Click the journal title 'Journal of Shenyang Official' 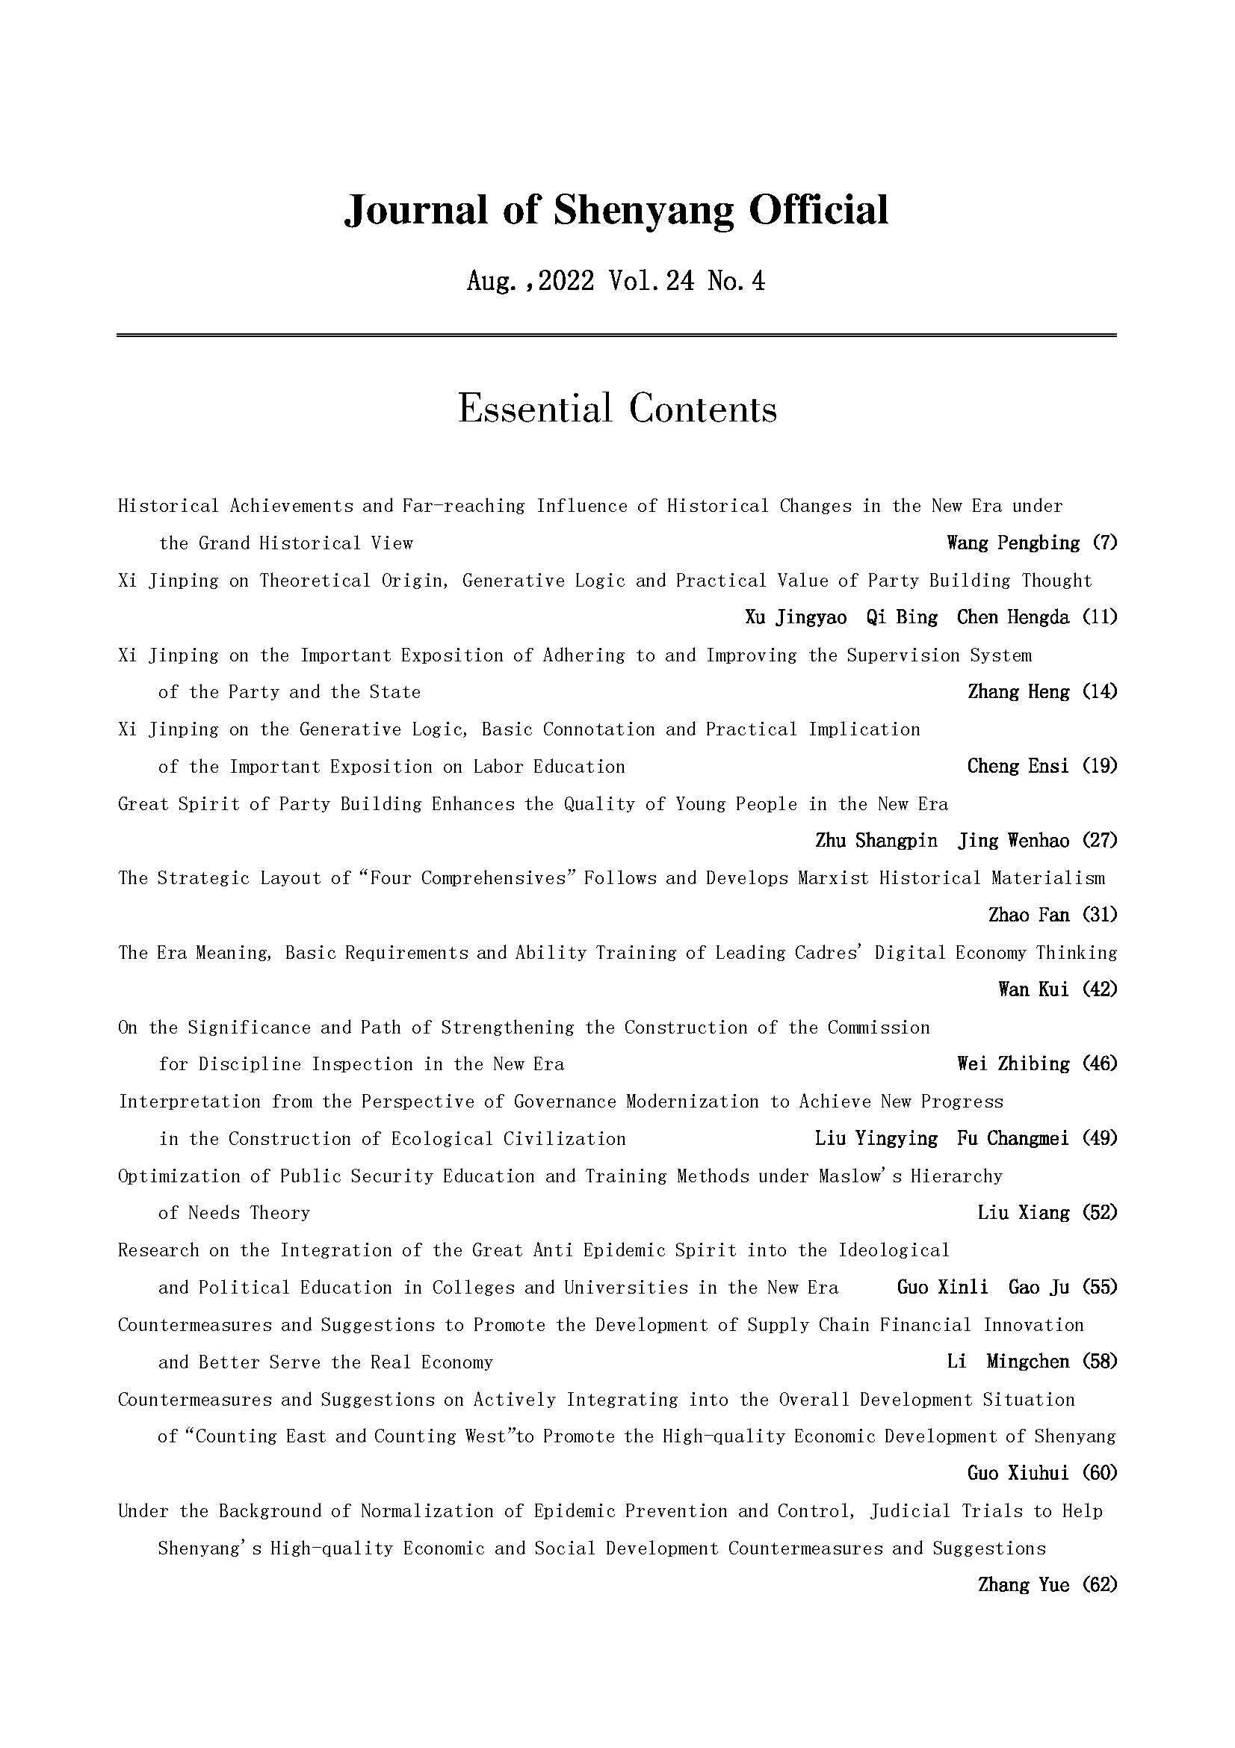pyautogui.click(x=616, y=209)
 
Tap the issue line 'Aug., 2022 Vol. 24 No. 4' pyautogui.click(x=616, y=282)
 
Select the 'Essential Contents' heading pyautogui.click(x=617, y=409)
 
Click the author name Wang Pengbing pyautogui.click(x=1013, y=543)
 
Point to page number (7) pyautogui.click(x=1104, y=543)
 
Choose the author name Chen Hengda pyautogui.click(x=1013, y=617)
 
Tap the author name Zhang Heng pyautogui.click(x=1018, y=692)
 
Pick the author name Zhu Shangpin pyautogui.click(x=876, y=841)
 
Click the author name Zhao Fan pyautogui.click(x=1029, y=915)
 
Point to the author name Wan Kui pyautogui.click(x=1033, y=989)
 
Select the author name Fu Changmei pyautogui.click(x=1013, y=1138)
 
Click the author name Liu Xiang pyautogui.click(x=1024, y=1213)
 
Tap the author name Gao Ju pyautogui.click(x=1039, y=1288)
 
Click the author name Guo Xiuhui pyautogui.click(x=1018, y=1473)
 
